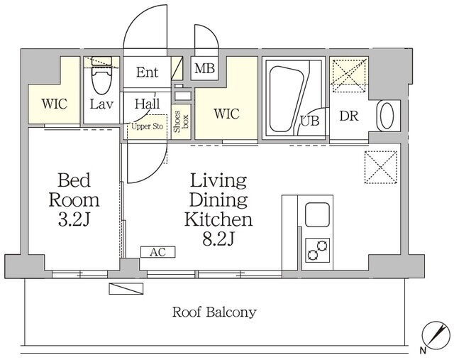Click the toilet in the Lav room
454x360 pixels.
(x=101, y=75)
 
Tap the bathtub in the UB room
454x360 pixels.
(x=287, y=99)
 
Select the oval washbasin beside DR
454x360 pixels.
(x=387, y=116)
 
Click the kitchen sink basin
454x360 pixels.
(x=317, y=214)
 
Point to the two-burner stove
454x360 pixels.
(x=318, y=250)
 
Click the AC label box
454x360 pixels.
(x=158, y=252)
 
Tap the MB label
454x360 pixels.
(x=204, y=69)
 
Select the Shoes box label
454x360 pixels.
(x=181, y=121)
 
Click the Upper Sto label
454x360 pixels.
(x=148, y=126)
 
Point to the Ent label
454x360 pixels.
(x=148, y=72)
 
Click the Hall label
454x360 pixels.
(x=148, y=104)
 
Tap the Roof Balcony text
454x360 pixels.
(x=214, y=312)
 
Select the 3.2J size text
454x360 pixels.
(x=74, y=219)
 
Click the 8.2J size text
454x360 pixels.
(x=218, y=239)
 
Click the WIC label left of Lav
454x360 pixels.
(x=55, y=104)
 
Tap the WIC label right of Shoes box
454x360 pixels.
(x=227, y=114)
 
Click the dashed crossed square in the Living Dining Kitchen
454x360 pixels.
(x=381, y=168)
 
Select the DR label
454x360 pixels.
(x=348, y=116)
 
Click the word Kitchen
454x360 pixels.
(x=218, y=219)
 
